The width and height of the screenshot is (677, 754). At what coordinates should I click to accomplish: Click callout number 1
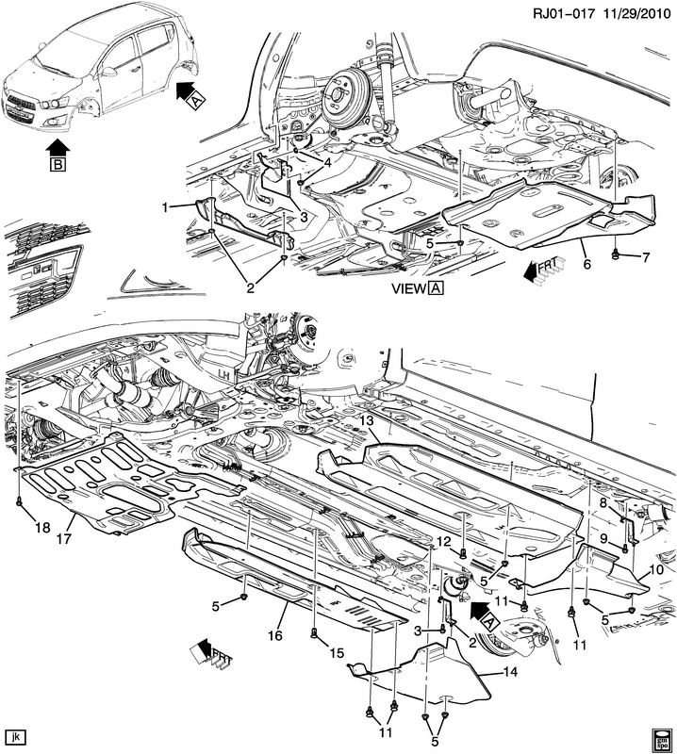pyautogui.click(x=165, y=206)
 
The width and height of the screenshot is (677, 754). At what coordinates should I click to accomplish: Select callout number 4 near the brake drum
pyautogui.click(x=328, y=162)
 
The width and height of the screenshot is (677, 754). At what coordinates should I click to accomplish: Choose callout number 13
pyautogui.click(x=367, y=419)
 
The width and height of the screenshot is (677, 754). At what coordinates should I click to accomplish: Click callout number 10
pyautogui.click(x=656, y=570)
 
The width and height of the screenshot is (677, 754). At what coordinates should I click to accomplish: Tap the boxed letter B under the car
pyautogui.click(x=58, y=164)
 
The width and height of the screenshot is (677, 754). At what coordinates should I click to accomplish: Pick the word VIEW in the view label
pyautogui.click(x=407, y=291)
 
